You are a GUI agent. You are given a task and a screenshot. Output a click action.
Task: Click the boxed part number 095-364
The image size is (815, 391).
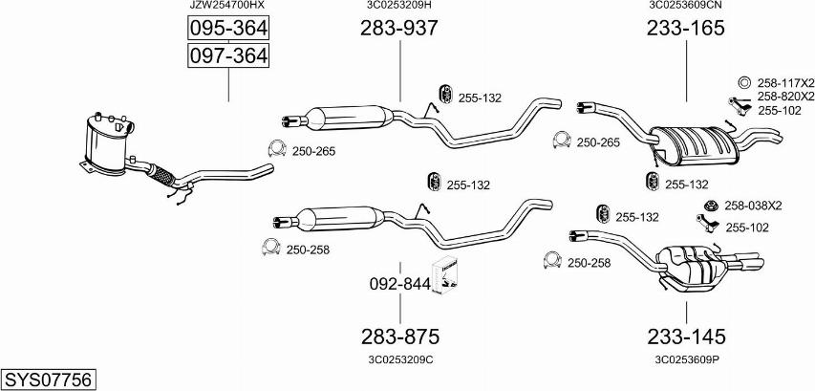[228, 28]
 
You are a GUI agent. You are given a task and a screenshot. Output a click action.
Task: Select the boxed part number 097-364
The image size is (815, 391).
[228, 55]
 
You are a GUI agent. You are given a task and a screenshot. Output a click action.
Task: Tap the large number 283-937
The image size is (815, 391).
[399, 28]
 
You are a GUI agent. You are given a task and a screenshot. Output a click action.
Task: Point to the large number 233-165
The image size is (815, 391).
[686, 28]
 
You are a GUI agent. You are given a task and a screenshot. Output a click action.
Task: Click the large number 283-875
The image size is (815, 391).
[400, 337]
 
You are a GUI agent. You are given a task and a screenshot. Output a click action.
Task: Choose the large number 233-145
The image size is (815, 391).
[686, 337]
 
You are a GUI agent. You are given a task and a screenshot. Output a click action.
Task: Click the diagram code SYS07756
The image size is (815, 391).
[49, 380]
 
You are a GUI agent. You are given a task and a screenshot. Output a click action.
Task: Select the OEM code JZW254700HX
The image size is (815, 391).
[226, 5]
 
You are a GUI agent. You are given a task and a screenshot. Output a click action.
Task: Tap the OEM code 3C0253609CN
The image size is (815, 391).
[686, 5]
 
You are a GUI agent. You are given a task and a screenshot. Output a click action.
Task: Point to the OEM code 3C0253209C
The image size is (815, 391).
[400, 359]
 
